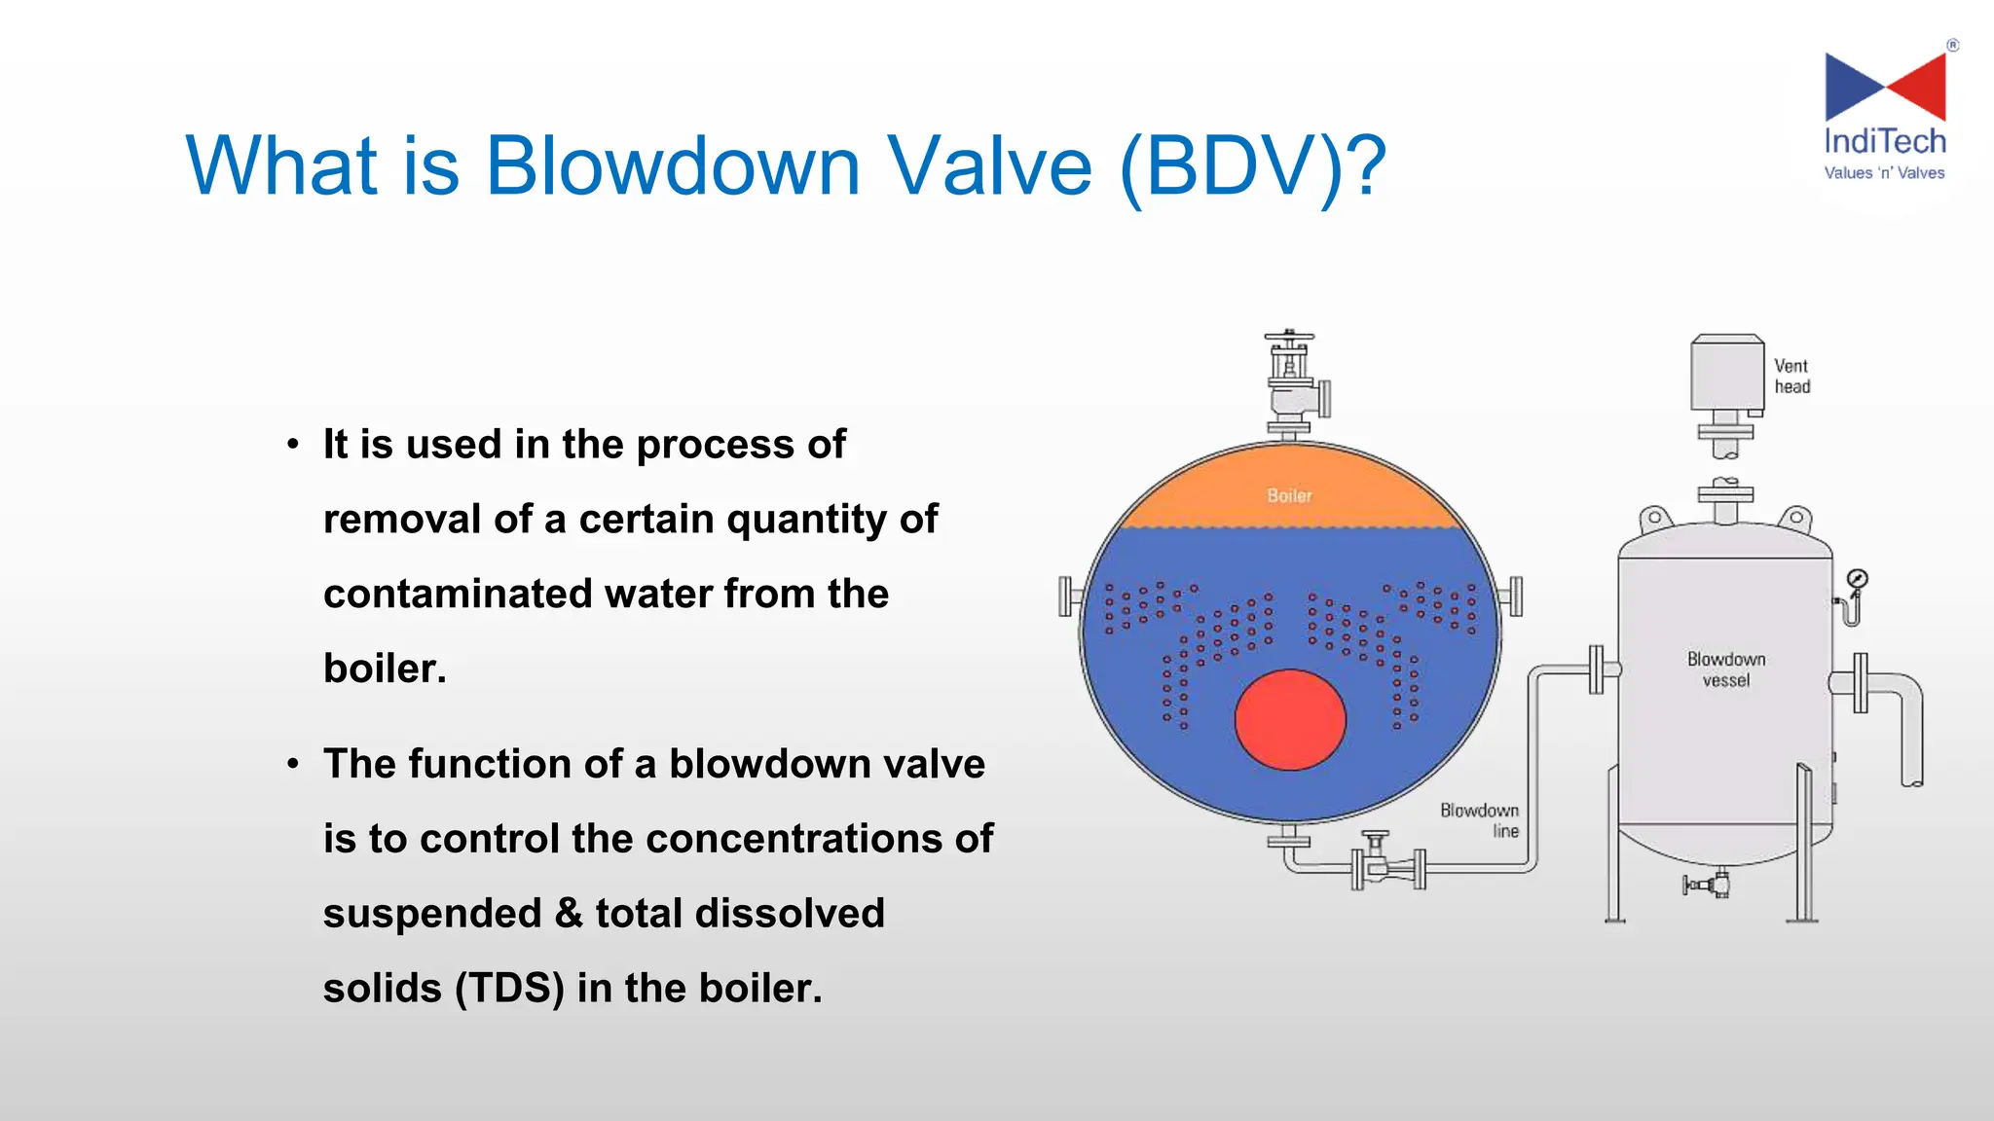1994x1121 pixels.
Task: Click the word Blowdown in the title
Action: click(672, 165)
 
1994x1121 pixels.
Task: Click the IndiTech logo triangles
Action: click(1885, 88)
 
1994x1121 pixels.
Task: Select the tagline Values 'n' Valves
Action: click(1884, 173)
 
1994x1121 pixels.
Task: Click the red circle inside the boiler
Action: click(1290, 720)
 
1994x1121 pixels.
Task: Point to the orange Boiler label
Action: click(1289, 495)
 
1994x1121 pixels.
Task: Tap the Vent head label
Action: click(1791, 377)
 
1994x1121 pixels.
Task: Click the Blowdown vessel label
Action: click(1726, 669)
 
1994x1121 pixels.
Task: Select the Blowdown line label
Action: click(1480, 820)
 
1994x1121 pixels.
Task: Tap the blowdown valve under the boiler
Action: click(1376, 862)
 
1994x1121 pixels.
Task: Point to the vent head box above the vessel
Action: click(1727, 374)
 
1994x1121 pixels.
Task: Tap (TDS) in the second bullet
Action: click(509, 989)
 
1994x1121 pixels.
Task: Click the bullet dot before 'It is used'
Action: click(293, 446)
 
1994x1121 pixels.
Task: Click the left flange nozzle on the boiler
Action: click(1067, 596)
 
